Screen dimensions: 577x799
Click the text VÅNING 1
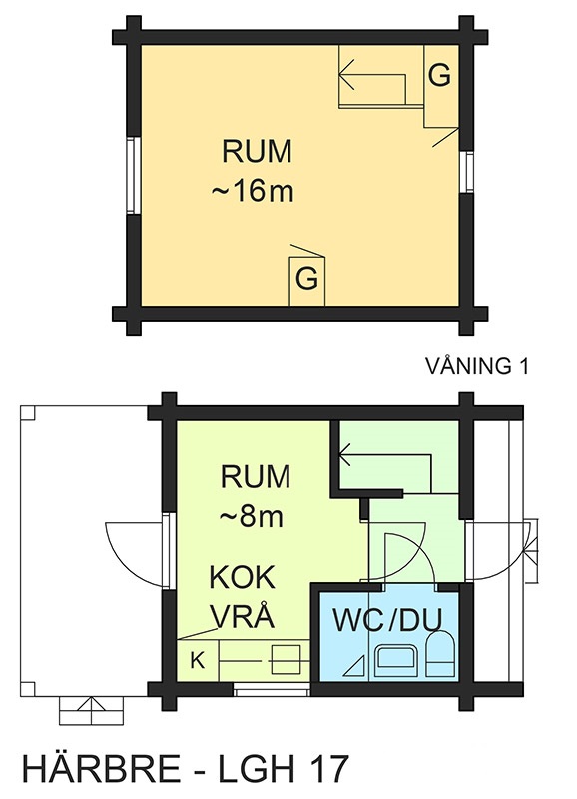[x=477, y=366]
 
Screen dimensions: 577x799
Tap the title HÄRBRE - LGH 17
[x=187, y=768]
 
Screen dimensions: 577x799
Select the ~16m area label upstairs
[x=254, y=192]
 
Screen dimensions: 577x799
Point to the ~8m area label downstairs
[x=252, y=517]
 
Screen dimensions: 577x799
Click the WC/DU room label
[x=387, y=619]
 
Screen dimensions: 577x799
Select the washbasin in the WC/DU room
[x=396, y=661]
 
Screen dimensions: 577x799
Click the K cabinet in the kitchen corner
[x=198, y=661]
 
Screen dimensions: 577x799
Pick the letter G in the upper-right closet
[x=439, y=76]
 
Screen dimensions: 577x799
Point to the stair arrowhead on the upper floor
[x=346, y=74]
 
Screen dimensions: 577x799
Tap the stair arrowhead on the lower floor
[x=344, y=454]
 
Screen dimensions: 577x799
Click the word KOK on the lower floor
[x=243, y=578]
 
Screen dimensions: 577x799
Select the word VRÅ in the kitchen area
[x=243, y=616]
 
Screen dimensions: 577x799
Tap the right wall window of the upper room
[x=466, y=172]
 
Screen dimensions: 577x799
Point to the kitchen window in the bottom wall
[x=272, y=690]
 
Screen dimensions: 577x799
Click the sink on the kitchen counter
[x=287, y=660]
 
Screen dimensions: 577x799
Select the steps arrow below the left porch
[x=91, y=711]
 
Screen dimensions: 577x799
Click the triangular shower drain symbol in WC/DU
[x=356, y=666]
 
